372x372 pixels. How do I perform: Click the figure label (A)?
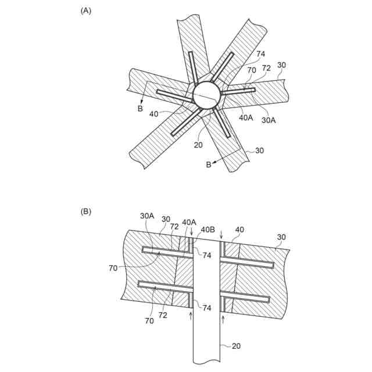(85, 10)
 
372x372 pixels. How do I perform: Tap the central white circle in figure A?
(206, 95)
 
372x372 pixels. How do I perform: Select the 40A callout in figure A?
(245, 116)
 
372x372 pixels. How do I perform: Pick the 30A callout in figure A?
(268, 120)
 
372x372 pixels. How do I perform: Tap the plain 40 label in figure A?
(154, 115)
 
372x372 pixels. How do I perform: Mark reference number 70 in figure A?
(252, 70)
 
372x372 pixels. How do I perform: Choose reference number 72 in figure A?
(266, 69)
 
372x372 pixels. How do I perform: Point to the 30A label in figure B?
(148, 215)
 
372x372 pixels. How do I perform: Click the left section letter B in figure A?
(140, 108)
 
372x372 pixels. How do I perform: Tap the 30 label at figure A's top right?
(281, 65)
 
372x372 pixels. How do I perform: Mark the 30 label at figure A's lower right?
(259, 150)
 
